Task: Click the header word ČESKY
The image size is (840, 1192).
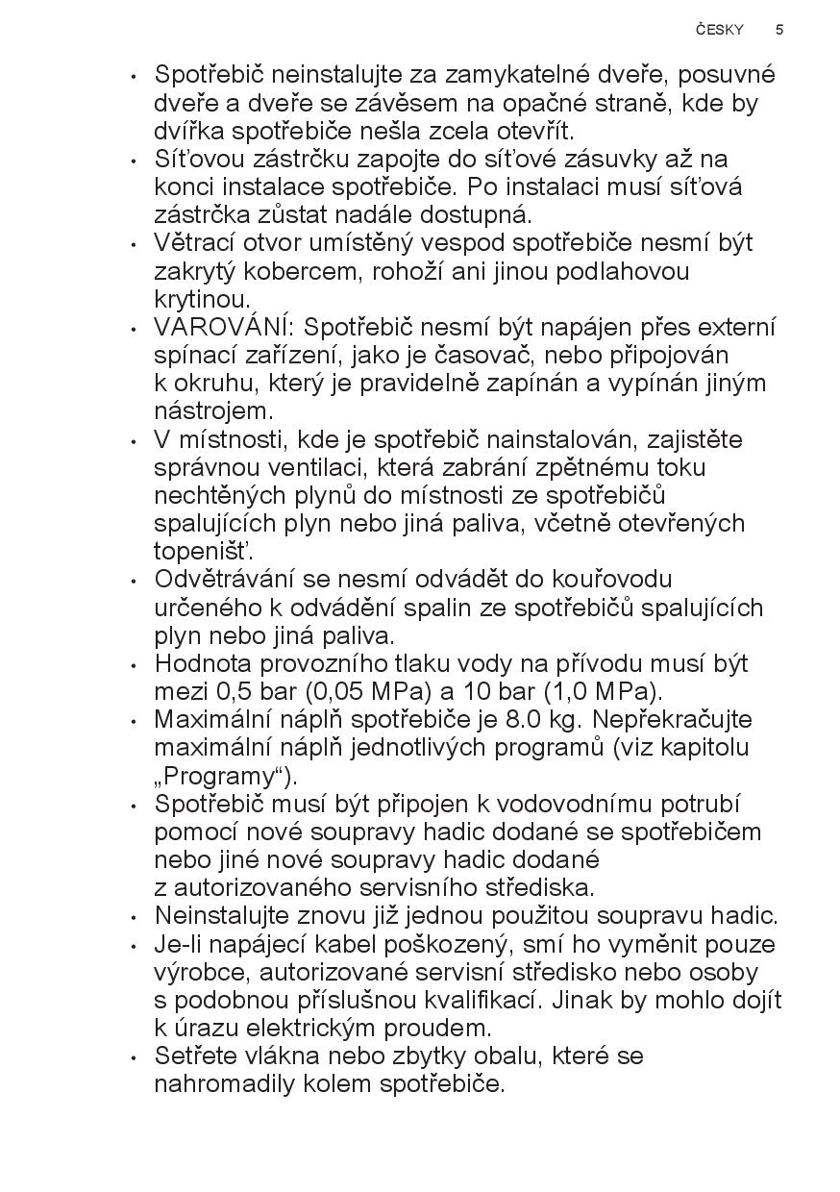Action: [720, 30]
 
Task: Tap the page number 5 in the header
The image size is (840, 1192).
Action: [779, 30]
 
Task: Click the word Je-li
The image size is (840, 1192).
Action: [182, 944]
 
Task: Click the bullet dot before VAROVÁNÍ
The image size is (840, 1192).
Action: [134, 329]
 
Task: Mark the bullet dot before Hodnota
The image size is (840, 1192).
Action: [134, 665]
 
